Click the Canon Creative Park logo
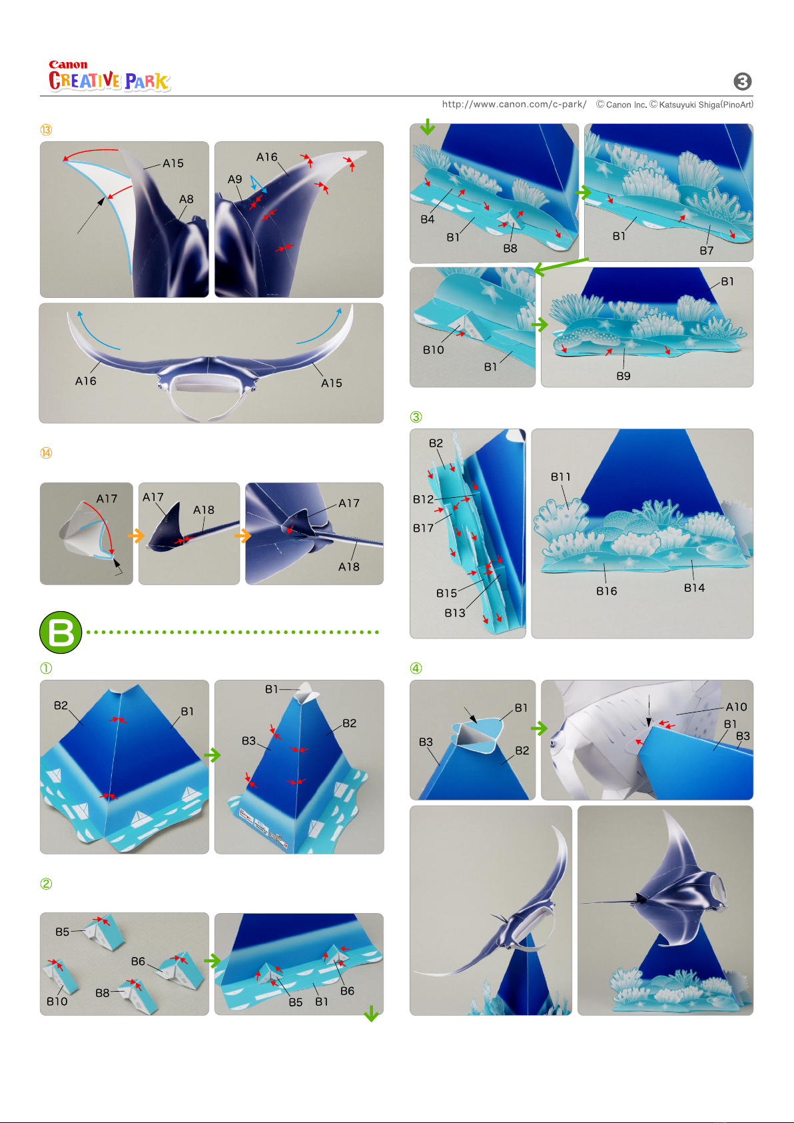[x=110, y=76]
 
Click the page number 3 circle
[x=743, y=81]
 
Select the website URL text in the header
[x=514, y=104]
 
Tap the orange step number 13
[x=46, y=130]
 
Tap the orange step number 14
[x=46, y=453]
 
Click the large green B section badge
[x=61, y=632]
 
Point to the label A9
[x=234, y=179]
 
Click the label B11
[x=561, y=477]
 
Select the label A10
[x=737, y=707]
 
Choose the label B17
[x=423, y=528]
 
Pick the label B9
[x=623, y=376]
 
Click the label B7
[x=706, y=251]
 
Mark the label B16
[x=607, y=591]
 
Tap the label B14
[x=694, y=588]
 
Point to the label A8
[x=187, y=199]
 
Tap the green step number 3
[x=416, y=417]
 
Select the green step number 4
[x=416, y=668]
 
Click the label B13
[x=455, y=612]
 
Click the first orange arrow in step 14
[x=136, y=535]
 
